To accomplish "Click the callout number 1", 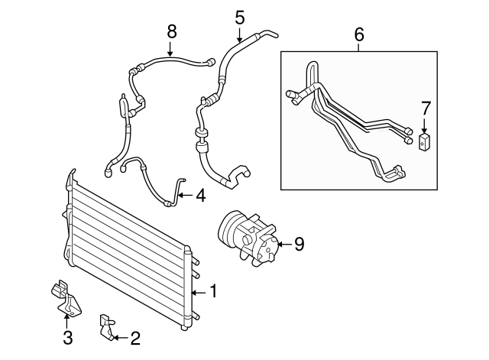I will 215,291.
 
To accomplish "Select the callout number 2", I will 135,336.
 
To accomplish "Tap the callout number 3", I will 67,337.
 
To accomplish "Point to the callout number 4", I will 200,196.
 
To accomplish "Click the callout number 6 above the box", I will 359,34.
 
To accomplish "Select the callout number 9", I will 300,244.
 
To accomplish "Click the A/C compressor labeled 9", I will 248,238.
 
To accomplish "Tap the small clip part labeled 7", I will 426,142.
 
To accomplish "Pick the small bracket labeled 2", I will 105,326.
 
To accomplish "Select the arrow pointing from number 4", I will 185,196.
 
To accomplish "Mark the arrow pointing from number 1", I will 199,292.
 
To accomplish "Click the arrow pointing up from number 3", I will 67,319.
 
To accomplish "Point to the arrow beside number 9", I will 283,245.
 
